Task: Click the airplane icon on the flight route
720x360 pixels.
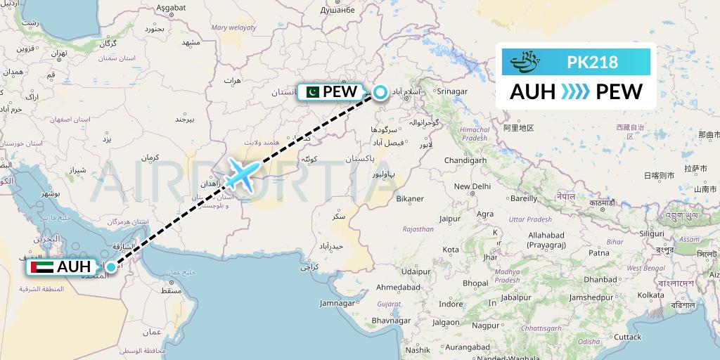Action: point(242,174)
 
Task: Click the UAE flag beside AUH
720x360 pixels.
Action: point(42,267)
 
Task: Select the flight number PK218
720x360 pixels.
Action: point(592,63)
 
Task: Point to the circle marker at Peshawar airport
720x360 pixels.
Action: point(380,92)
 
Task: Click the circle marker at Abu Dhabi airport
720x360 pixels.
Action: point(110,267)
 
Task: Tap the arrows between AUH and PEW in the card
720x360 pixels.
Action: point(577,91)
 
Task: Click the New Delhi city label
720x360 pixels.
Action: point(472,186)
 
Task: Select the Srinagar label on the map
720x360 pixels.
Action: point(451,91)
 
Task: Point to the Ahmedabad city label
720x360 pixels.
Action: point(399,288)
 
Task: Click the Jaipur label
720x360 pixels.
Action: point(449,219)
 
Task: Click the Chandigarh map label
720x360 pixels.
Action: point(466,160)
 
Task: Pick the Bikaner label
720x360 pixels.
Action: point(410,199)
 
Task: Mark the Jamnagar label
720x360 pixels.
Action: point(337,303)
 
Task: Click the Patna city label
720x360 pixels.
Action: point(598,252)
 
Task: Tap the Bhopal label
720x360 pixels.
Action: point(475,283)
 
